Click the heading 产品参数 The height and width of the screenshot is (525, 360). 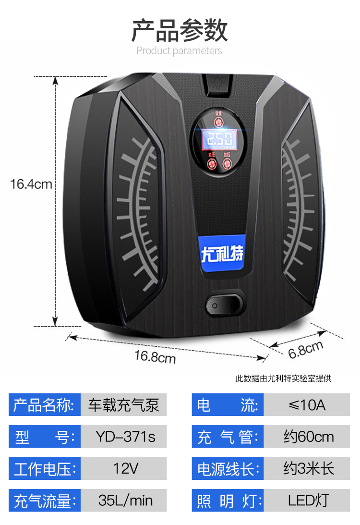coord(180,31)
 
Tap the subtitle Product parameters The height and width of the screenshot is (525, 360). coord(179,50)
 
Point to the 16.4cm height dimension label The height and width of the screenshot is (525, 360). coord(31,183)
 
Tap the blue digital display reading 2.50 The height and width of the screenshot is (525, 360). coord(220,140)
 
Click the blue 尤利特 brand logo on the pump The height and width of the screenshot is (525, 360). coord(222,253)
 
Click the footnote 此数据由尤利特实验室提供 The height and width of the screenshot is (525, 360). coord(283,378)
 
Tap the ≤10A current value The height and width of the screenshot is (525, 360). coord(307,405)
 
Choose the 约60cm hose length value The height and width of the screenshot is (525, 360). coord(307,437)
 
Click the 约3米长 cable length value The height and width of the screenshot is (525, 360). coord(307,469)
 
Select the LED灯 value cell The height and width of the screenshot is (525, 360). coord(307,501)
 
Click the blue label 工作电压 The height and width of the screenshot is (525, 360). coord(45,469)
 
